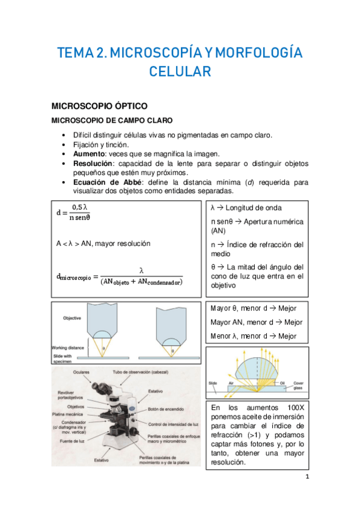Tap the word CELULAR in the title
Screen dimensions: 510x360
pyautogui.click(x=180, y=72)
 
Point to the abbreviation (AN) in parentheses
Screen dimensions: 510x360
pyautogui.click(x=220, y=231)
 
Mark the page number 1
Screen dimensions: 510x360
pyautogui.click(x=307, y=478)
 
